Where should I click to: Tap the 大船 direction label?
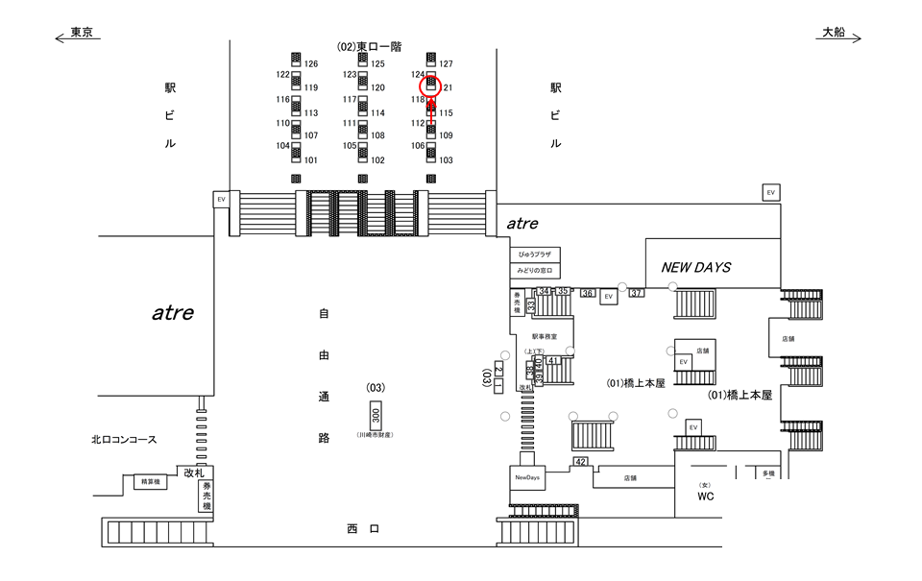tap(833, 33)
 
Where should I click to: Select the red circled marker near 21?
tap(431, 85)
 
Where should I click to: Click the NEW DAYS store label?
tap(695, 267)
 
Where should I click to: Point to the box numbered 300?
tap(376, 417)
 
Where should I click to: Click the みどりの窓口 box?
tap(534, 272)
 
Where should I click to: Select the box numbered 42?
tap(581, 462)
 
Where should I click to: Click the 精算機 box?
tap(148, 481)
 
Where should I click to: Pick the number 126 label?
tap(310, 64)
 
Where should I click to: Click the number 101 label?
tap(310, 160)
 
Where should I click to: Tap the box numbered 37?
tap(636, 293)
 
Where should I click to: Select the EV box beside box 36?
tap(608, 298)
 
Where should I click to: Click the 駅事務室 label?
tap(545, 336)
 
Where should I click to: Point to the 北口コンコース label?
tap(124, 440)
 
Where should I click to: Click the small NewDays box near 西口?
tap(527, 477)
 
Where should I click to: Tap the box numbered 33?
tap(529, 305)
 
